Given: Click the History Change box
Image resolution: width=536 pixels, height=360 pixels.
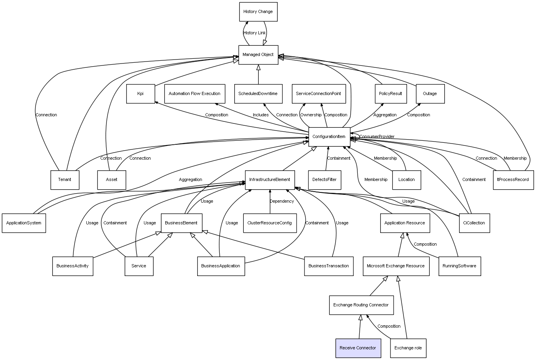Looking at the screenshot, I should pyautogui.click(x=258, y=12).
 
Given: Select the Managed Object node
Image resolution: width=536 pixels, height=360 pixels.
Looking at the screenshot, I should pyautogui.click(x=258, y=55).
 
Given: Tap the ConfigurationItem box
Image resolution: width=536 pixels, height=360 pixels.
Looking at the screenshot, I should pyautogui.click(x=329, y=137).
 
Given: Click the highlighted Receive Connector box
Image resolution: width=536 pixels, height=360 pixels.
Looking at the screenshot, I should pyautogui.click(x=358, y=348).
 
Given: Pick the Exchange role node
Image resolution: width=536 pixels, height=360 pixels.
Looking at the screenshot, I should pyautogui.click(x=408, y=348).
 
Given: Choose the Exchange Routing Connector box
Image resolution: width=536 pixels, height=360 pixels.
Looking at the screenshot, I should pyautogui.click(x=361, y=305).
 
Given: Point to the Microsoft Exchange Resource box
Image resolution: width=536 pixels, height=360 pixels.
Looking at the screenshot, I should pyautogui.click(x=396, y=266).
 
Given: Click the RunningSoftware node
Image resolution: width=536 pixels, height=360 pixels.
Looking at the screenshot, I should pyautogui.click(x=459, y=266).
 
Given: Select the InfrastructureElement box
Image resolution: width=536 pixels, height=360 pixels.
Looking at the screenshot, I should pyautogui.click(x=269, y=180).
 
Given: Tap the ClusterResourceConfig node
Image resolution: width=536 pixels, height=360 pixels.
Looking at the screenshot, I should pyautogui.click(x=269, y=223).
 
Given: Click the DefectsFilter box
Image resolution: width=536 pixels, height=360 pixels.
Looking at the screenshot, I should pyautogui.click(x=324, y=180).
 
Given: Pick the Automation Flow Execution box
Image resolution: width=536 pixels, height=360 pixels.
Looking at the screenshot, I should pyautogui.click(x=194, y=94).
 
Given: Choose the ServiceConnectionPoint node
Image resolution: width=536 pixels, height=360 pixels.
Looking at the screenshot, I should pyautogui.click(x=318, y=94).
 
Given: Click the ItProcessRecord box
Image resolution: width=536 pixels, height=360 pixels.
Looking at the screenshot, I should pyautogui.click(x=513, y=180).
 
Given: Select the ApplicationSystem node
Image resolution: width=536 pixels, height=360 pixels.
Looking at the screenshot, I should pyautogui.click(x=24, y=223).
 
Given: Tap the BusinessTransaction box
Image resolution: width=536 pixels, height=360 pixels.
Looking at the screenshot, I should pyautogui.click(x=329, y=266).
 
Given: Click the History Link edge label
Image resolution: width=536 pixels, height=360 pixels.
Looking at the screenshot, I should pyautogui.click(x=254, y=33).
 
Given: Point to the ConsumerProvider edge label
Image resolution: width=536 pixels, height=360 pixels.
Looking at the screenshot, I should pyautogui.click(x=377, y=137).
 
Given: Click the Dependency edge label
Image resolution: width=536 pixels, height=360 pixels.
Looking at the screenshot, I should pyautogui.click(x=282, y=201).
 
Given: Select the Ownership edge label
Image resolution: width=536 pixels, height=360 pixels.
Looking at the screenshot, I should pyautogui.click(x=311, y=115).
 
